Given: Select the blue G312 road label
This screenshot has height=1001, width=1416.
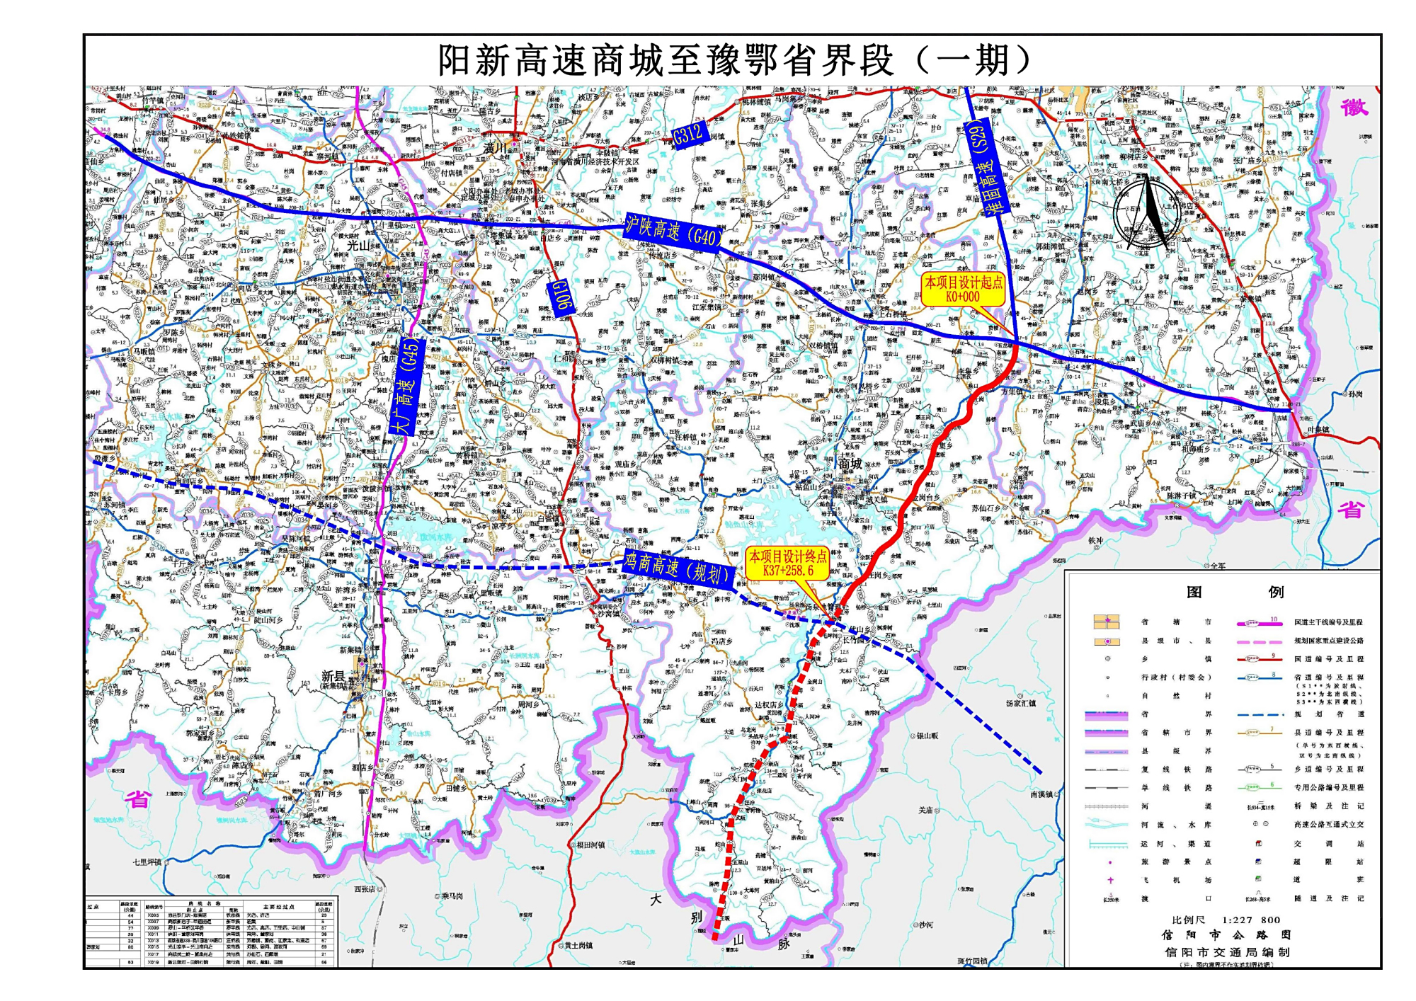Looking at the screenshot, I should [x=687, y=133].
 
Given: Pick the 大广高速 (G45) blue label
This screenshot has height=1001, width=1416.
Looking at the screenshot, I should [x=408, y=386].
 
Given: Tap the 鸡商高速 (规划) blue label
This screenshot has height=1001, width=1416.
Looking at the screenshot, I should [x=676, y=568].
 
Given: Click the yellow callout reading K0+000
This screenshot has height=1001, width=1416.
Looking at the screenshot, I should [x=963, y=290].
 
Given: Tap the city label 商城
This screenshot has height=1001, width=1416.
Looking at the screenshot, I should [x=850, y=464].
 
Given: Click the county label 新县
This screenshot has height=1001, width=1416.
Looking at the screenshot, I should [x=333, y=676].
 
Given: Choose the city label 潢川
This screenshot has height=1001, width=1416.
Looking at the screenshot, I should [x=496, y=148].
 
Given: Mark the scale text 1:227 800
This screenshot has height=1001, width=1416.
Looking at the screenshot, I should [x=1251, y=920].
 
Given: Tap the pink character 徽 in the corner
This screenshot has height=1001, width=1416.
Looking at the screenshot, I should [x=1354, y=108].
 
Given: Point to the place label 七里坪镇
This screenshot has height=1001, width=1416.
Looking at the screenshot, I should [x=147, y=862].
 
